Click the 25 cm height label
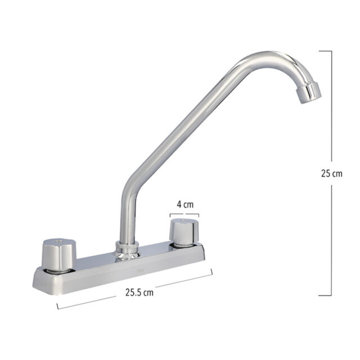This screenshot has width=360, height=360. (331, 174)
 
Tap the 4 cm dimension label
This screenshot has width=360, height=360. (185, 204)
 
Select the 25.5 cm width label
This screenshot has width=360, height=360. (139, 292)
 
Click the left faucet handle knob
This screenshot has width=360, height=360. (58, 254)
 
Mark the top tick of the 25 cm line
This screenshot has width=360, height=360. (325, 51)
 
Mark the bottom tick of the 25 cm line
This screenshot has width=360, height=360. (325, 295)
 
